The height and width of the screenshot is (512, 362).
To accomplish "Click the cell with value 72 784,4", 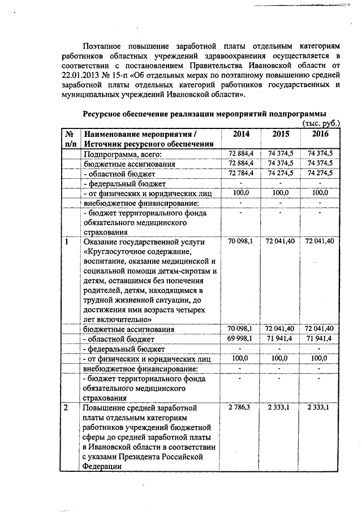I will tap(240, 173).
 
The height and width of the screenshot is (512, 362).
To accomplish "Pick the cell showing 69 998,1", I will tap(240, 338).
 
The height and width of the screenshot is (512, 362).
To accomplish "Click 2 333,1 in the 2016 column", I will tap(320, 406).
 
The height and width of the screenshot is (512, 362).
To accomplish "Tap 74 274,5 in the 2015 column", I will tap(280, 173).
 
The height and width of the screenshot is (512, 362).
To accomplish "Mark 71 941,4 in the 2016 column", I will tap(320, 338).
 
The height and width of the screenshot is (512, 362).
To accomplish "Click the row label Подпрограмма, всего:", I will tap(123, 154).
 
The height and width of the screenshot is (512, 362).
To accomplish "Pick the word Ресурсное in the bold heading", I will tap(105, 113).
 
